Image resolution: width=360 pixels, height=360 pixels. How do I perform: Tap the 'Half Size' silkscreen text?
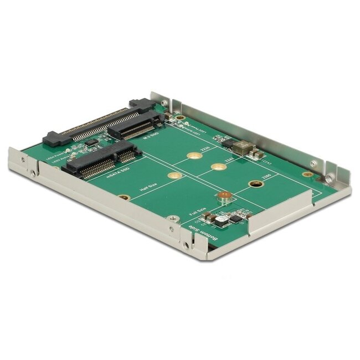(x=148, y=188)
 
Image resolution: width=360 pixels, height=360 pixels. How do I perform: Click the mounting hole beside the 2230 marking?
(x=193, y=156)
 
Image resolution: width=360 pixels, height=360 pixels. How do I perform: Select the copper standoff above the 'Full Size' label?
(x=224, y=195)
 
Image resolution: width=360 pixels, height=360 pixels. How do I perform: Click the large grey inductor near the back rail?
(x=243, y=147)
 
